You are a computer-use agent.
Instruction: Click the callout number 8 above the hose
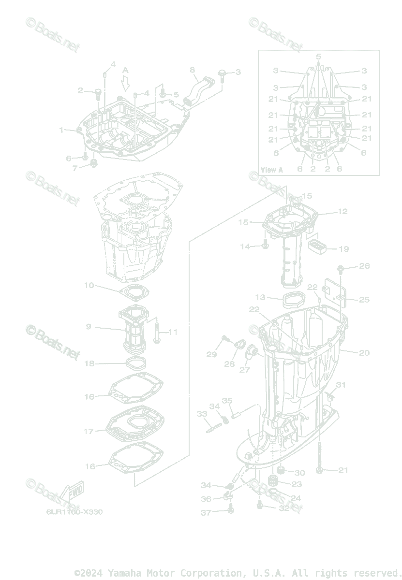pos(192,70)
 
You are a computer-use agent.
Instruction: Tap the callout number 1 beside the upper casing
pos(61,130)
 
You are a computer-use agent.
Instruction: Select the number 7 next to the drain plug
pos(75,168)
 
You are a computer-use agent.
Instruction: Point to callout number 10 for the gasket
pos(89,285)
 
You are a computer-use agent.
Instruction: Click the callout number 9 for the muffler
pos(89,327)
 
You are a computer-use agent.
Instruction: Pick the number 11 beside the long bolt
pos(173,332)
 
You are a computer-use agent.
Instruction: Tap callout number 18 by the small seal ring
pos(89,363)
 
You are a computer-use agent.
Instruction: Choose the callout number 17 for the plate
pos(89,431)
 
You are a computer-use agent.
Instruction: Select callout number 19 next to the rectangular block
pos(343,249)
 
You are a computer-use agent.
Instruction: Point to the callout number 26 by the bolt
pos(364,266)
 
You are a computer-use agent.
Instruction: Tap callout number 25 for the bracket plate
pos(364,300)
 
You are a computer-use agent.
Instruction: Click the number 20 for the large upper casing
pos(364,353)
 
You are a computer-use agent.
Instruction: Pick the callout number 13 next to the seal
pos(261,297)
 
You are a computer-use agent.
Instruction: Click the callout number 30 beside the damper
pos(299,472)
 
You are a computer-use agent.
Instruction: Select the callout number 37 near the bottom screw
pos(207,512)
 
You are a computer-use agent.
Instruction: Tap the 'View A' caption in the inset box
pos(271,170)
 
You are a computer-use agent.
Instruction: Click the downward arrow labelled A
pos(126,83)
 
